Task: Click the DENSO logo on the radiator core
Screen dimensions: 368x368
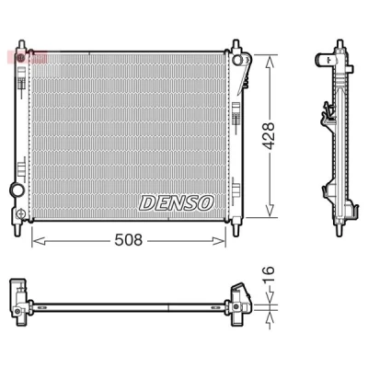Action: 177,203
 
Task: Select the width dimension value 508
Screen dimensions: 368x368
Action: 129,240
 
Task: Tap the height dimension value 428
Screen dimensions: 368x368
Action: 269,136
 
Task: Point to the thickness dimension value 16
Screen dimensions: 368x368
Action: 268,275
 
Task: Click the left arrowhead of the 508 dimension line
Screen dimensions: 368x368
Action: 39,241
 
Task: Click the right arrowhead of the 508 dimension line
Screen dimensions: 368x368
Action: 219,241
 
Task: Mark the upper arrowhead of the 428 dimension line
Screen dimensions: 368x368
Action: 270,63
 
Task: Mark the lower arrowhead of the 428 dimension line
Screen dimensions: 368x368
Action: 270,210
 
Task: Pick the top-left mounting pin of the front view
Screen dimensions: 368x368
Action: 21,45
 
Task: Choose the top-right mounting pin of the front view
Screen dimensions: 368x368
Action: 236,45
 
